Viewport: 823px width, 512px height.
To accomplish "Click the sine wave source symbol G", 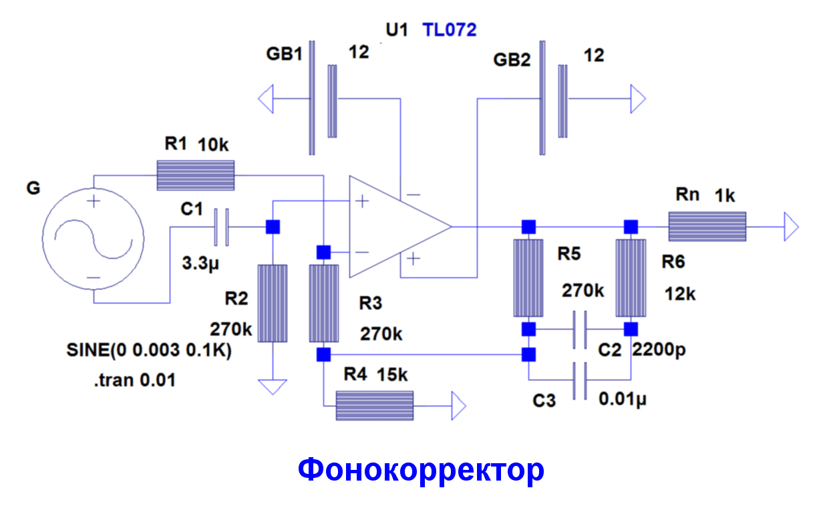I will [x=94, y=239].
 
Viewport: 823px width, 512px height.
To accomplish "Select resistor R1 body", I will [x=195, y=175].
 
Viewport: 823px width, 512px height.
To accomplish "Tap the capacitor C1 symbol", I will [x=221, y=227].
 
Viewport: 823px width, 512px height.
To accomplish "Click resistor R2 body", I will [x=273, y=303].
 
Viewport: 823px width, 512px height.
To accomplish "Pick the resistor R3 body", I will [x=323, y=303].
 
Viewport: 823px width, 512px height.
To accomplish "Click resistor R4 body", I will [x=374, y=405].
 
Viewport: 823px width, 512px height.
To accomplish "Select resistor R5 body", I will [x=528, y=278].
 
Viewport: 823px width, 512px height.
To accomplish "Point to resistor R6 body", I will [x=631, y=278].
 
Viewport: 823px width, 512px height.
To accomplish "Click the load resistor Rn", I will [x=707, y=226].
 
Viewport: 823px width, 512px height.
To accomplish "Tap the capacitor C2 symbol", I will [x=580, y=330].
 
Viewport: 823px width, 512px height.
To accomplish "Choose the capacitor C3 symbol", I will [x=580, y=381].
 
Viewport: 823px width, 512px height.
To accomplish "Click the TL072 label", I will [x=449, y=29].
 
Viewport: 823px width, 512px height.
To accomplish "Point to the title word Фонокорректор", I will [x=421, y=471].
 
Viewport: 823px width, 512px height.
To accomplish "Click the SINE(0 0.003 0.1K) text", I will [x=148, y=351].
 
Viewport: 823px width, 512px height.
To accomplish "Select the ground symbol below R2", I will [x=273, y=387].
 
